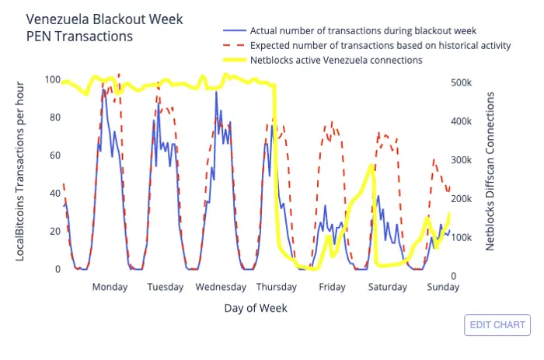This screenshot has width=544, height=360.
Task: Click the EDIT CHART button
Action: click(x=497, y=325)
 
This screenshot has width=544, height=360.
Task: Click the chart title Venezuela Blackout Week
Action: click(x=104, y=19)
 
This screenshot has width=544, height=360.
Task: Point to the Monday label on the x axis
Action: click(x=110, y=287)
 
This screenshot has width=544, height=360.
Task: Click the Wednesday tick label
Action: click(x=221, y=287)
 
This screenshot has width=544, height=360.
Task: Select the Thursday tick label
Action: click(x=277, y=287)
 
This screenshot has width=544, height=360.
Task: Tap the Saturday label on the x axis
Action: click(x=388, y=287)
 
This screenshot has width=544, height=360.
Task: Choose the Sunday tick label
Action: click(x=443, y=287)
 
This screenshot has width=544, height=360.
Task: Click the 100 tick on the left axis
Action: click(x=53, y=79)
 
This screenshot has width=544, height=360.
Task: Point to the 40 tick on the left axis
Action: click(x=55, y=194)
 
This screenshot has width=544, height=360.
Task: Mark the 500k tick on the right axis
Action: click(x=461, y=82)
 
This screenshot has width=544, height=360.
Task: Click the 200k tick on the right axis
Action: click(x=461, y=199)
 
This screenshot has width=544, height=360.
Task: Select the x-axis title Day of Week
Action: click(x=256, y=308)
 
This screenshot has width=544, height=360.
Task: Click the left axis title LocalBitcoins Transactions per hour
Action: click(x=19, y=172)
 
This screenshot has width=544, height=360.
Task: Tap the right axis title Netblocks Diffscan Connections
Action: click(x=490, y=171)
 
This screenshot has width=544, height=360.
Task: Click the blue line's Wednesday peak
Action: click(x=217, y=92)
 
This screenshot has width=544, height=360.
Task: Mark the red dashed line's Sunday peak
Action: click(x=434, y=159)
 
